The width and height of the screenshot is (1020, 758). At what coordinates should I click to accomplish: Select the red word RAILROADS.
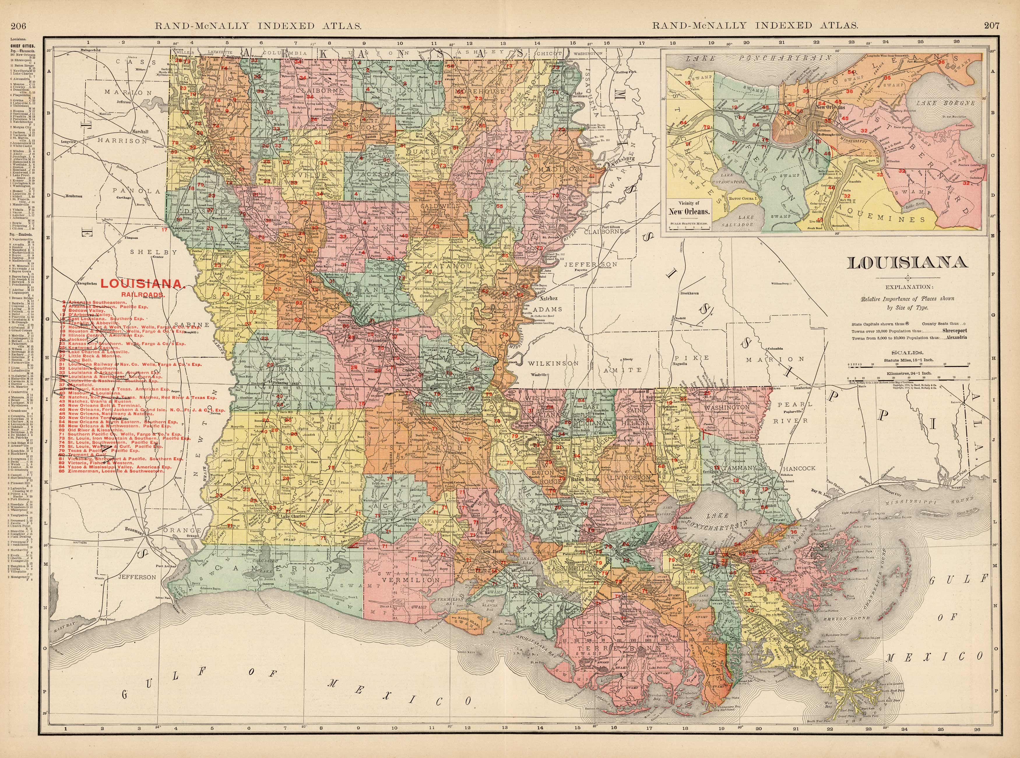pos(143,294)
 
